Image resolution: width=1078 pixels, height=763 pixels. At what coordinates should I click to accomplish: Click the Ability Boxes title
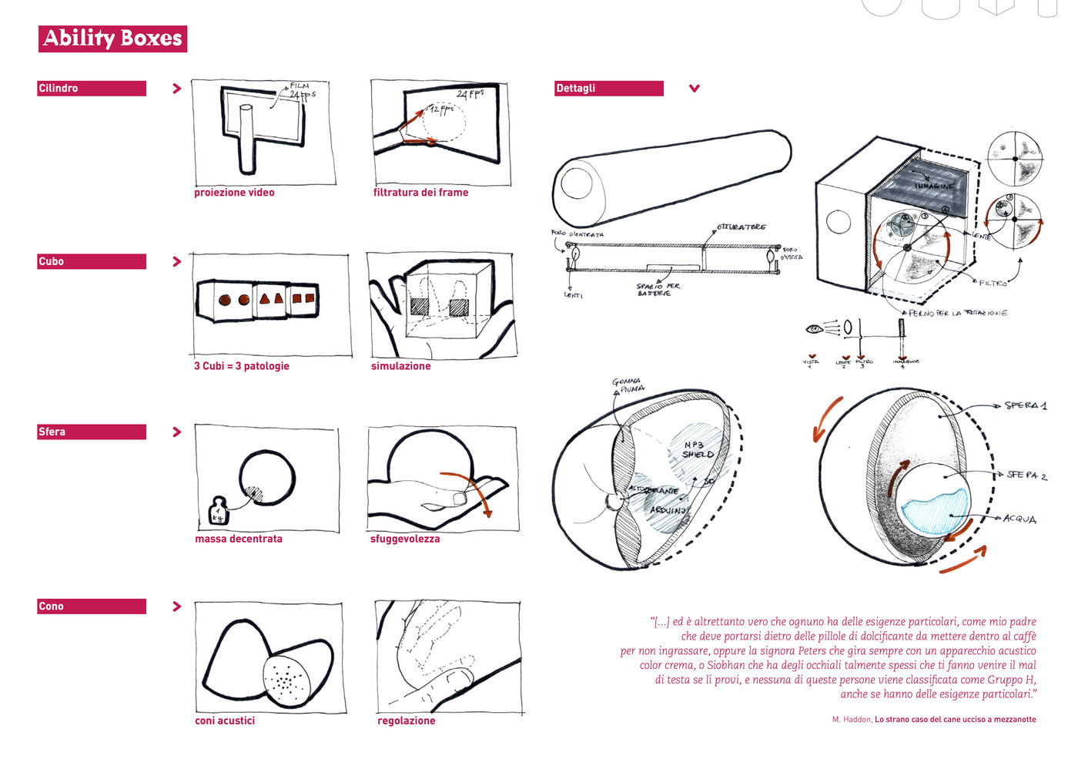point(112,39)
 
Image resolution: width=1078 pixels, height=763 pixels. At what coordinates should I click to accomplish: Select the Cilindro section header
point(92,89)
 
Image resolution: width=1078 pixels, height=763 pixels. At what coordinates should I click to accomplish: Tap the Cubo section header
point(92,262)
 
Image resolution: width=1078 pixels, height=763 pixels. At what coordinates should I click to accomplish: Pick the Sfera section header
point(92,432)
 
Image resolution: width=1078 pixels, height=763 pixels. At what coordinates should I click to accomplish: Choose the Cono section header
point(92,607)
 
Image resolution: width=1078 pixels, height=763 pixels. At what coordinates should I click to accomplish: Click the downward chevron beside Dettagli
point(695,89)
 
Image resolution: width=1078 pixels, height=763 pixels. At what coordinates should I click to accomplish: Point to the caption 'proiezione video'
point(234,193)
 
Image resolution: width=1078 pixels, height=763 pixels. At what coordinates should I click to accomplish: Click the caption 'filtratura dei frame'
point(420,193)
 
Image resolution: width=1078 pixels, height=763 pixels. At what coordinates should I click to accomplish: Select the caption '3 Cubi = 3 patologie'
point(242,366)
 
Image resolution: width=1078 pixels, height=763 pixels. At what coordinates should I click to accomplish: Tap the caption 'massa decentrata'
point(239,539)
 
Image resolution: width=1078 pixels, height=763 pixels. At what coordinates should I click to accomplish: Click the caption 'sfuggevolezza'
point(405,539)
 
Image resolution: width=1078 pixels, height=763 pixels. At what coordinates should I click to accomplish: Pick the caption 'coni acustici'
point(225,721)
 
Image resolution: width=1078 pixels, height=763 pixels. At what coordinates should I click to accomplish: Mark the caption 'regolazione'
point(406,721)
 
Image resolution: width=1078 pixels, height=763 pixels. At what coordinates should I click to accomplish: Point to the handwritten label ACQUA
point(1019,519)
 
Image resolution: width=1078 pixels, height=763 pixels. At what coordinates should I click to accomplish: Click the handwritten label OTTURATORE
point(741,227)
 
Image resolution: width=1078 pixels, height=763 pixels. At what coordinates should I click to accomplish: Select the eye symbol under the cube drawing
point(814,330)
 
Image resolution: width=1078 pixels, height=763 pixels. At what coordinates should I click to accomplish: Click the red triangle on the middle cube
point(265,299)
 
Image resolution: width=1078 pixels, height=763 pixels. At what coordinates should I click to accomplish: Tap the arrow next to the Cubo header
point(177,262)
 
